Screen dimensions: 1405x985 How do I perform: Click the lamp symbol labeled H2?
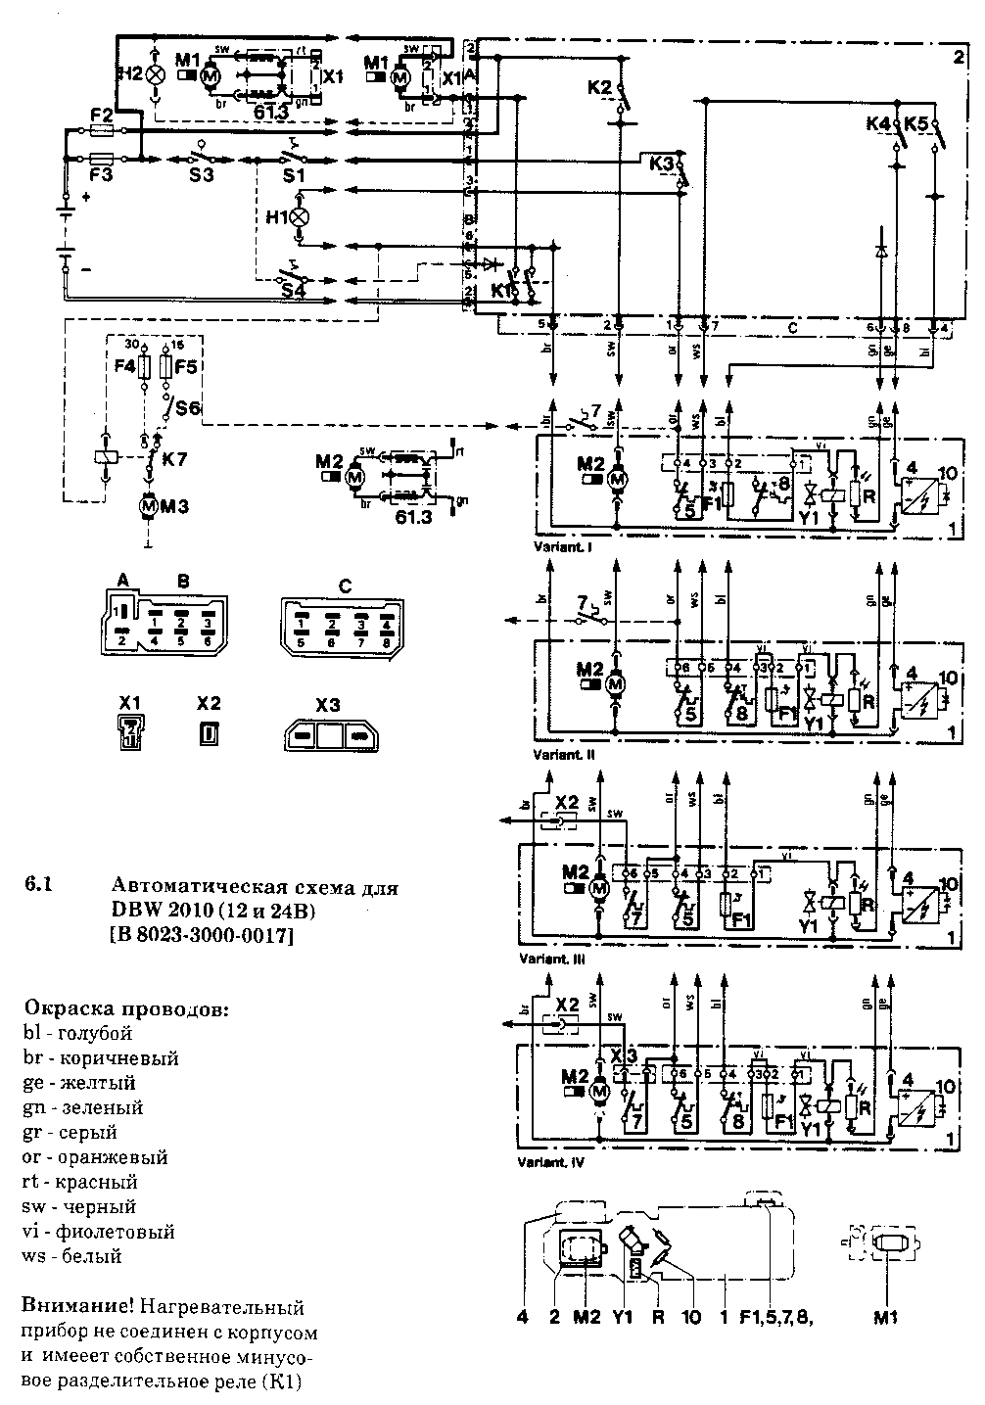pyautogui.click(x=155, y=73)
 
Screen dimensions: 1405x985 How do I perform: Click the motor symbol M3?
pyautogui.click(x=148, y=505)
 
